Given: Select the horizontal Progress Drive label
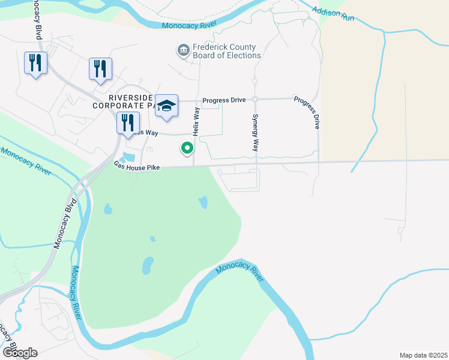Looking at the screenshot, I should point(224,100).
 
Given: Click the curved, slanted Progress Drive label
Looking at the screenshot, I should point(308,112).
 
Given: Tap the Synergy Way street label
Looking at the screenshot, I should point(255,132).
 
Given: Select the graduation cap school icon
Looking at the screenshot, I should point(166,106).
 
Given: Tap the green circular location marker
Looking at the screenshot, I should point(187,146).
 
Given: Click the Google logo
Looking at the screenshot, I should point(20,353).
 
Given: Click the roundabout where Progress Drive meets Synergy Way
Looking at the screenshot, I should point(255,99).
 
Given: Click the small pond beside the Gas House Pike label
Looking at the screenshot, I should point(128,157).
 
